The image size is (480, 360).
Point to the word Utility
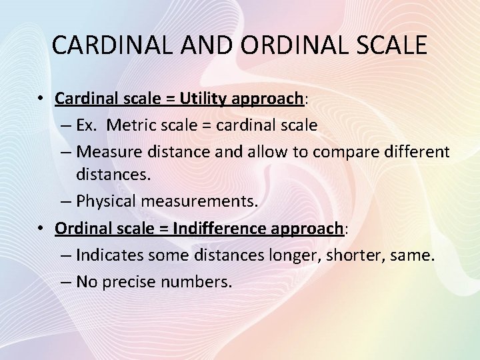coord(203,99)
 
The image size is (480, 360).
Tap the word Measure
coord(109,151)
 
